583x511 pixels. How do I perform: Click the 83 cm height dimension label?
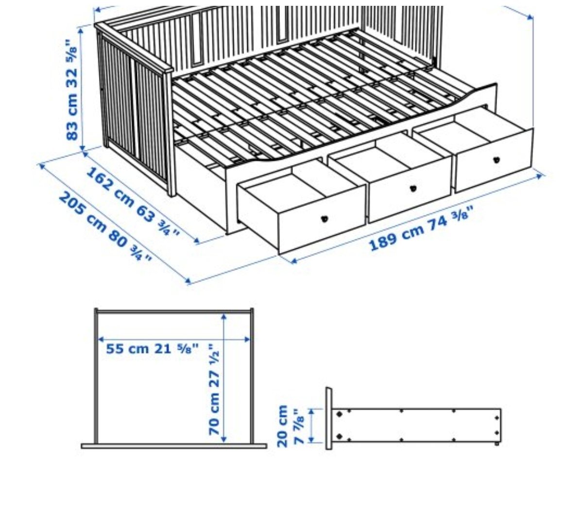pyautogui.click(x=72, y=90)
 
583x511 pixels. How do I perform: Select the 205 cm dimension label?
pyautogui.click(x=105, y=226)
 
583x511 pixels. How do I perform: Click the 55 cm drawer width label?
pyautogui.click(x=152, y=349)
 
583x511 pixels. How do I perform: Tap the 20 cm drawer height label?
pyautogui.click(x=290, y=426)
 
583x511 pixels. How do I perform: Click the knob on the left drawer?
pyautogui.click(x=325, y=219)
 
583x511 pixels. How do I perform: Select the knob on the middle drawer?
pyautogui.click(x=413, y=189)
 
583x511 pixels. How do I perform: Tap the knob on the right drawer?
pyautogui.click(x=497, y=160)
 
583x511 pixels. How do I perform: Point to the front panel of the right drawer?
pyautogui.click(x=494, y=161)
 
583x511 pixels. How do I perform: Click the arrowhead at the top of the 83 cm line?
pyautogui.click(x=81, y=30)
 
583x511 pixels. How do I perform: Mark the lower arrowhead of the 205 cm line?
pyautogui.click(x=188, y=281)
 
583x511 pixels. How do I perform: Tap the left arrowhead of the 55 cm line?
pyautogui.click(x=101, y=340)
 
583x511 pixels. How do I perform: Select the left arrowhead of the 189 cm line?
pyautogui.click(x=293, y=261)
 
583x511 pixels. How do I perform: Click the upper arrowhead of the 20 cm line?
pyautogui.click(x=311, y=412)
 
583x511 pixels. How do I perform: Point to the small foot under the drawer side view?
pyautogui.click(x=497, y=443)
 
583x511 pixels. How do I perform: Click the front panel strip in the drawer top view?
pyautogui.click(x=174, y=446)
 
